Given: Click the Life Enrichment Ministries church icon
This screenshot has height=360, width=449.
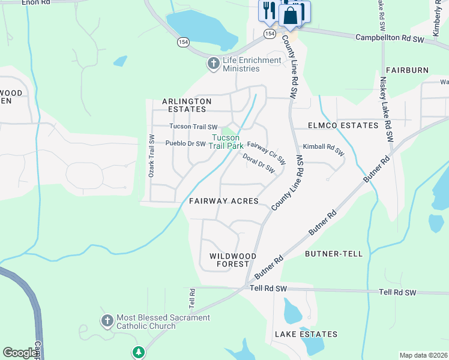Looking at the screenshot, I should (x=212, y=64).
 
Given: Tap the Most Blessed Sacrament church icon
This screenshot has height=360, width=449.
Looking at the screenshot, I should (x=107, y=321).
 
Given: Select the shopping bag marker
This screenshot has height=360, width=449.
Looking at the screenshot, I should (x=291, y=16).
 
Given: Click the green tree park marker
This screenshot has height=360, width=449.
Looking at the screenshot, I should (x=139, y=352).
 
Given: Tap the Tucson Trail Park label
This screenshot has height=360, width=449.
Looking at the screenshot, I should (x=227, y=142).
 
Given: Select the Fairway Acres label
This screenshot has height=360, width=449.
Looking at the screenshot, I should (x=223, y=201).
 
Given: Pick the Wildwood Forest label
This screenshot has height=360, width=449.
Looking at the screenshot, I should (x=233, y=260).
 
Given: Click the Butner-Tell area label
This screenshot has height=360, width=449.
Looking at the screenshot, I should (x=334, y=254).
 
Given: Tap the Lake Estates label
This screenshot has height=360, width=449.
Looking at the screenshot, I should (x=306, y=334).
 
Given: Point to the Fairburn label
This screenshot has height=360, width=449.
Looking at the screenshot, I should (x=407, y=70).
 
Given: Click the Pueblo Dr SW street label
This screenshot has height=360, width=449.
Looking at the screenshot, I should (x=185, y=144).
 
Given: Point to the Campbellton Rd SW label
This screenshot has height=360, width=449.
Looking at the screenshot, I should (x=390, y=37).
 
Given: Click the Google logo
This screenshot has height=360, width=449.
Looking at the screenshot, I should (x=20, y=353).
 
